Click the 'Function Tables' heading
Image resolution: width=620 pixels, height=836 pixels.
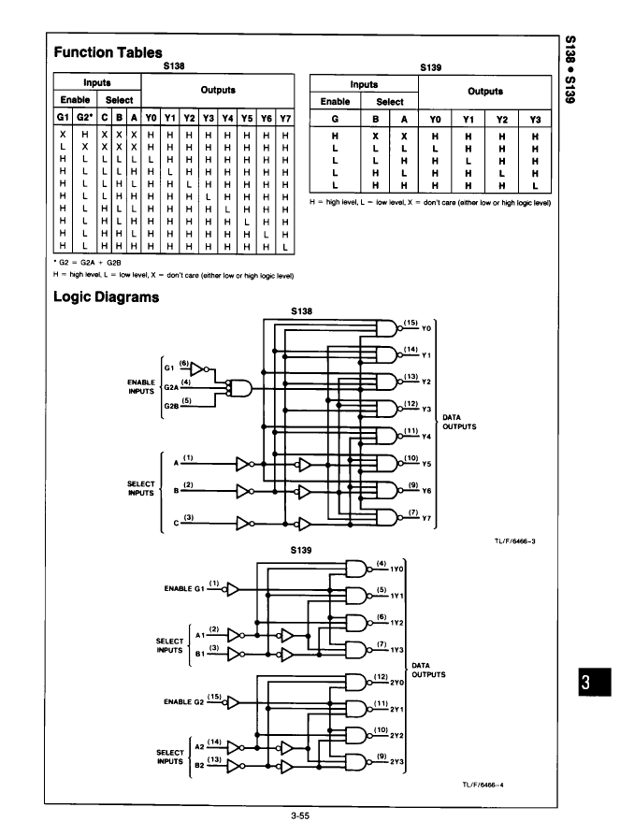point(108,52)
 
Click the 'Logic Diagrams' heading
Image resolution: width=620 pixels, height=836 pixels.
point(106,297)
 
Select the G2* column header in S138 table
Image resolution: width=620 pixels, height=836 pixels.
point(84,117)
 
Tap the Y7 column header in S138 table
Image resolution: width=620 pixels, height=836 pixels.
point(285,118)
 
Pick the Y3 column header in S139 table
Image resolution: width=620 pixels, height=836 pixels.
point(535,120)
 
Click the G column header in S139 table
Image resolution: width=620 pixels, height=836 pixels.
point(335,120)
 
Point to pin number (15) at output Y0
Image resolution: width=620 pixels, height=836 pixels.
point(411,323)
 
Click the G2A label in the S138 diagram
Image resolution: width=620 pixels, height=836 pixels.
point(171,388)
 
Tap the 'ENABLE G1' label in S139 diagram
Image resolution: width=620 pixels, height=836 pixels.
point(184,588)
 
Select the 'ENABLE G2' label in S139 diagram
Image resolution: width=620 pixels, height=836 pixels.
point(184,701)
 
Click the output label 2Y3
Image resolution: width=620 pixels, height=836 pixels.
point(397,762)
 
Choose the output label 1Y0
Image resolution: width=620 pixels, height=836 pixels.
point(397,569)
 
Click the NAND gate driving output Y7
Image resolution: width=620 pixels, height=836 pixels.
point(389,517)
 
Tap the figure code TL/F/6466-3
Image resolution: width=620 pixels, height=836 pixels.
point(515,541)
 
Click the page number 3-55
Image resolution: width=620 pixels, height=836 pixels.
point(300,815)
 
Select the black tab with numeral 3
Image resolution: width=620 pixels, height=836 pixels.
point(595,682)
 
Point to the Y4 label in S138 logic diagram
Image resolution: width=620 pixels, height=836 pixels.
point(425,437)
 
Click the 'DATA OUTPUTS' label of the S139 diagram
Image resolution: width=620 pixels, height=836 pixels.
point(428,670)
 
